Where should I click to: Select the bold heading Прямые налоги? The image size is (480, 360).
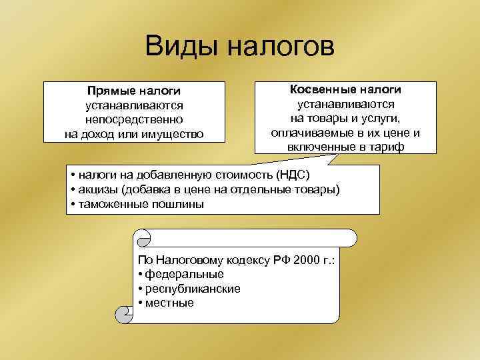134,91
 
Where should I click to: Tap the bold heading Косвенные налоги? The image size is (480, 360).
345,89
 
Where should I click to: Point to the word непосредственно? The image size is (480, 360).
134,119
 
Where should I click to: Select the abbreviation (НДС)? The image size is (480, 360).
294,175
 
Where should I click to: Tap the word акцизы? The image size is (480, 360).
95,190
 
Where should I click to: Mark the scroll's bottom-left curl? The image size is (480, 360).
123,314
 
